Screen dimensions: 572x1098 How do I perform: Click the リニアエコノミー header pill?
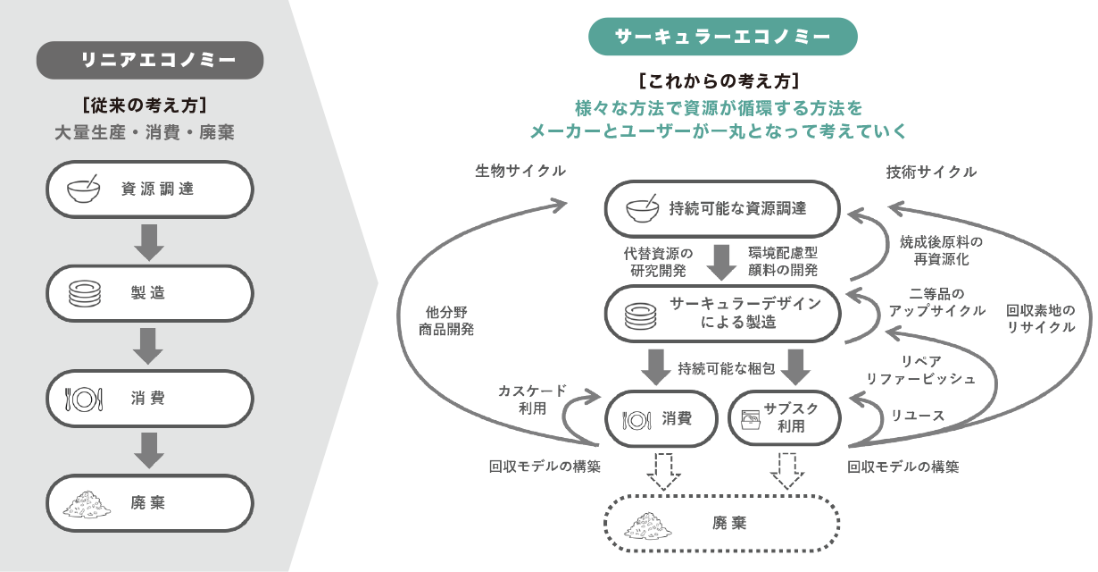pos(150,61)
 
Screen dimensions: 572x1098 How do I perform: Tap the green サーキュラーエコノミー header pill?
pos(722,37)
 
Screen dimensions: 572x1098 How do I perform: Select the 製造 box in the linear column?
pos(150,293)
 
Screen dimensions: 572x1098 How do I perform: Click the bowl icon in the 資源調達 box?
pos(85,189)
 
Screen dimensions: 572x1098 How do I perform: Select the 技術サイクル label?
pos(931,171)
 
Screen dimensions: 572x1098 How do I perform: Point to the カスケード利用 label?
pos(532,400)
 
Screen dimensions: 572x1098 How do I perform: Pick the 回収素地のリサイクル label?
pos(1041,319)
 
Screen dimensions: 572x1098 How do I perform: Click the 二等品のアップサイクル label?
pos(936,302)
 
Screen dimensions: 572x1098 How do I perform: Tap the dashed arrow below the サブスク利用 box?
pos(786,470)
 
